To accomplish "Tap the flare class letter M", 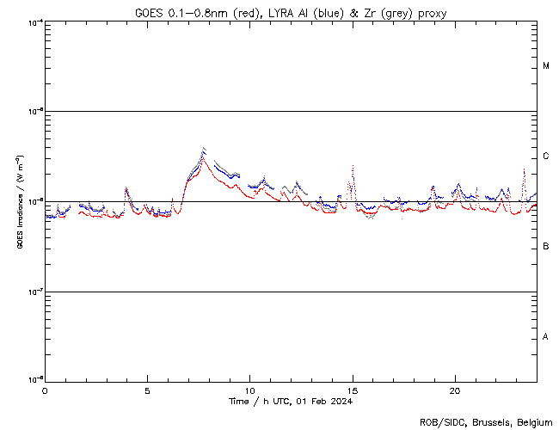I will point(546,66).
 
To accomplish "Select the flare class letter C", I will point(546,157).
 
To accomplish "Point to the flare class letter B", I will point(546,247).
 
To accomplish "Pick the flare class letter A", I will point(546,337).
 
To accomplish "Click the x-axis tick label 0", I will point(45,390).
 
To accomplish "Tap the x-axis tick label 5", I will point(147,390).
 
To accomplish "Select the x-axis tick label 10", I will point(249,390).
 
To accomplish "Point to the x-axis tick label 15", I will point(352,390).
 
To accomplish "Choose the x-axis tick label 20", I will point(454,390).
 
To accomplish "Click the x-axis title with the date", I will point(291,402).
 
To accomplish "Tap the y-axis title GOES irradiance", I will point(19,202).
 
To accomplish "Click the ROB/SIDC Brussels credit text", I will point(485,421).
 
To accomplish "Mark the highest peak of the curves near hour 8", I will point(203,148).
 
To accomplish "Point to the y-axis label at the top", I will point(34,21).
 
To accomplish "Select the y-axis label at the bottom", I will point(34,379).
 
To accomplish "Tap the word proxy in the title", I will point(432,12).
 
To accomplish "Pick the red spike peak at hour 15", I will point(353,166).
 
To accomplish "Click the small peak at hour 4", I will point(126,187).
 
